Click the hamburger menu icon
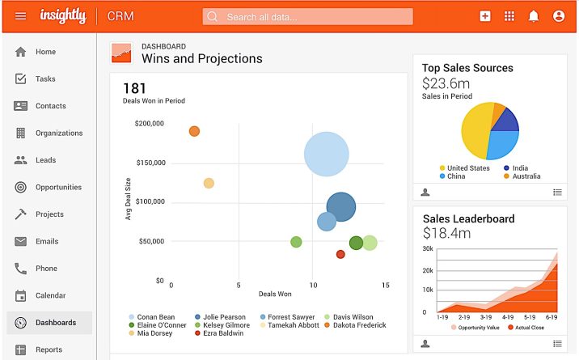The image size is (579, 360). tap(20, 16)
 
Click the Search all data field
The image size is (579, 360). tap(307, 16)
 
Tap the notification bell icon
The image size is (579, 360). tap(533, 16)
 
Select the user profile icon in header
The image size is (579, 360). tap(558, 16)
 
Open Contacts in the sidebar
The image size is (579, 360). tap(50, 106)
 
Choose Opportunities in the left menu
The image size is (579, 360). tap(57, 187)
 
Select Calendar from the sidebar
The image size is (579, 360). tap(50, 295)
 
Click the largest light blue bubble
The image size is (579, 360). tap(326, 155)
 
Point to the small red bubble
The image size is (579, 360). tap(340, 254)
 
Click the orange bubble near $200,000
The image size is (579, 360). tap(194, 131)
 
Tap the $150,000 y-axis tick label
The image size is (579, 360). tap(150, 163)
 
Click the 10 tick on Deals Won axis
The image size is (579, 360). tap(313, 285)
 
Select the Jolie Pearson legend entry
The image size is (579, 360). tap(222, 317)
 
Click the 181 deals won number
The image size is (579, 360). tap(133, 88)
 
